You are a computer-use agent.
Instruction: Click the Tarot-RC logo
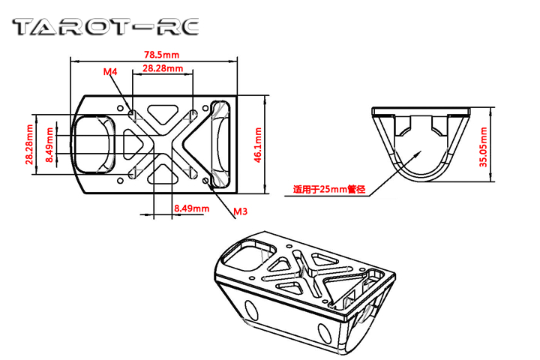click(106, 27)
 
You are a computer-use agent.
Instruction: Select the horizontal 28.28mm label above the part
click(163, 68)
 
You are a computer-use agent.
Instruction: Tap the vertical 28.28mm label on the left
click(29, 144)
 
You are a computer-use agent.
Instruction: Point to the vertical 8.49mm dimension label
click(50, 145)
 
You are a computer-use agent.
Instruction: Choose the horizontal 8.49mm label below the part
click(191, 208)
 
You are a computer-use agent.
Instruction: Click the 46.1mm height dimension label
click(258, 145)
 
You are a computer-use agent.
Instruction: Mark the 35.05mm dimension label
click(484, 147)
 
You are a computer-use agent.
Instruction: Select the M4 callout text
click(110, 72)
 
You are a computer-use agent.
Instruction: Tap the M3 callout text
click(241, 211)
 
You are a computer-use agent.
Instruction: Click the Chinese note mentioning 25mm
click(329, 190)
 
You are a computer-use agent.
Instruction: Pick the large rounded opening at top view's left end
click(93, 144)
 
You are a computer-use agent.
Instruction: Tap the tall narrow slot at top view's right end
click(220, 144)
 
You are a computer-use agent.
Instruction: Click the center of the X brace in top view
click(163, 144)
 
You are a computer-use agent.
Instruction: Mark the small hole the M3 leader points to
click(206, 180)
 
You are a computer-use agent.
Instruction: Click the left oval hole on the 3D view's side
click(251, 310)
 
